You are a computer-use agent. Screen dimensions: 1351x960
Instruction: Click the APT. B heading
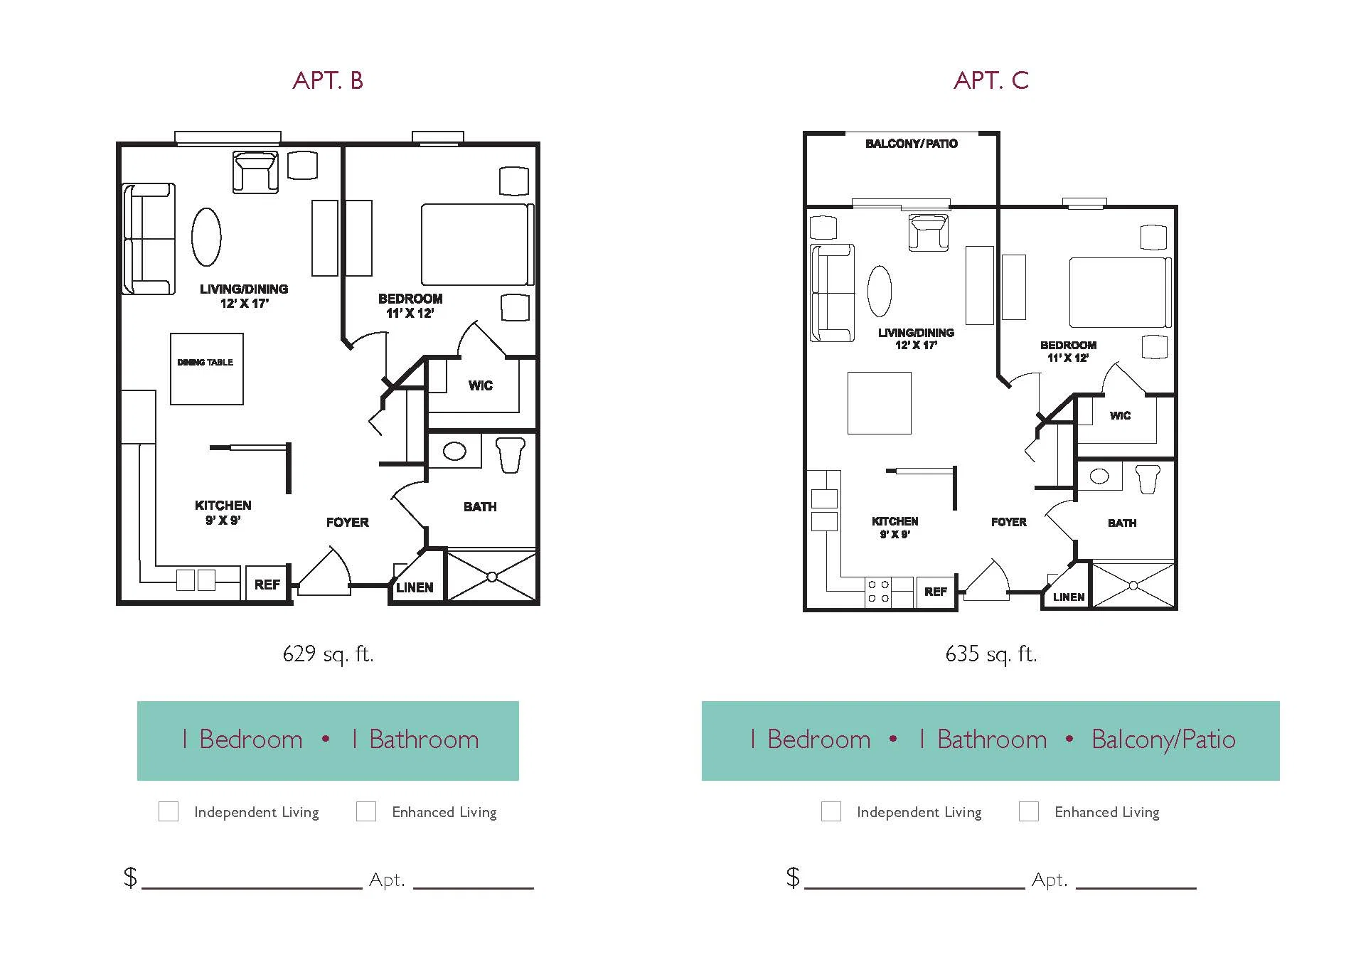click(x=328, y=80)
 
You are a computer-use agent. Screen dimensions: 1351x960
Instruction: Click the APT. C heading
click(x=991, y=80)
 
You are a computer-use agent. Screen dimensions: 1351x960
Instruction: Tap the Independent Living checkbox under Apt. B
click(x=169, y=811)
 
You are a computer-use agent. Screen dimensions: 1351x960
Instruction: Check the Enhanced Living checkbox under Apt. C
click(x=1029, y=811)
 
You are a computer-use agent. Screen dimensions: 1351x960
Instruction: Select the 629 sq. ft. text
click(x=328, y=654)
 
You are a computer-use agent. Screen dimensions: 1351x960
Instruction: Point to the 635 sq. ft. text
click(x=991, y=654)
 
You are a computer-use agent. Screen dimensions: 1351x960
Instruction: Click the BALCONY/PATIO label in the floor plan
click(x=912, y=144)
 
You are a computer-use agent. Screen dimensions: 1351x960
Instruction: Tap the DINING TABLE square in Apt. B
click(x=207, y=369)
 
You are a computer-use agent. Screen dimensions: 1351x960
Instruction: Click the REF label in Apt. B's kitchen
click(x=267, y=585)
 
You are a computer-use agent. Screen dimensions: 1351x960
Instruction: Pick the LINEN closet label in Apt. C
click(x=1069, y=597)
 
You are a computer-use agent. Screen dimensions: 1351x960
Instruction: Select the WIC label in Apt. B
click(x=481, y=385)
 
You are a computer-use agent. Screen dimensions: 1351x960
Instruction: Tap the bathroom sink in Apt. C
click(x=1099, y=476)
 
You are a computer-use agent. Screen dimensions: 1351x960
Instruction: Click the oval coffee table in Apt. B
click(x=206, y=237)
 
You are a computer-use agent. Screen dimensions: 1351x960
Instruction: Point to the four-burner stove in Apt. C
click(x=879, y=592)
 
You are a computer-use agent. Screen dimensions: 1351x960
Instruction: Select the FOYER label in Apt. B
click(x=348, y=523)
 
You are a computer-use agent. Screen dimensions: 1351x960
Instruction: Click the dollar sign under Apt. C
click(x=793, y=877)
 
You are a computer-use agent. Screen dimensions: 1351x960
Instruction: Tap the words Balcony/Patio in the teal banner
click(x=1163, y=740)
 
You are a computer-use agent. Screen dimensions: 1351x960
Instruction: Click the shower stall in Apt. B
click(x=491, y=576)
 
